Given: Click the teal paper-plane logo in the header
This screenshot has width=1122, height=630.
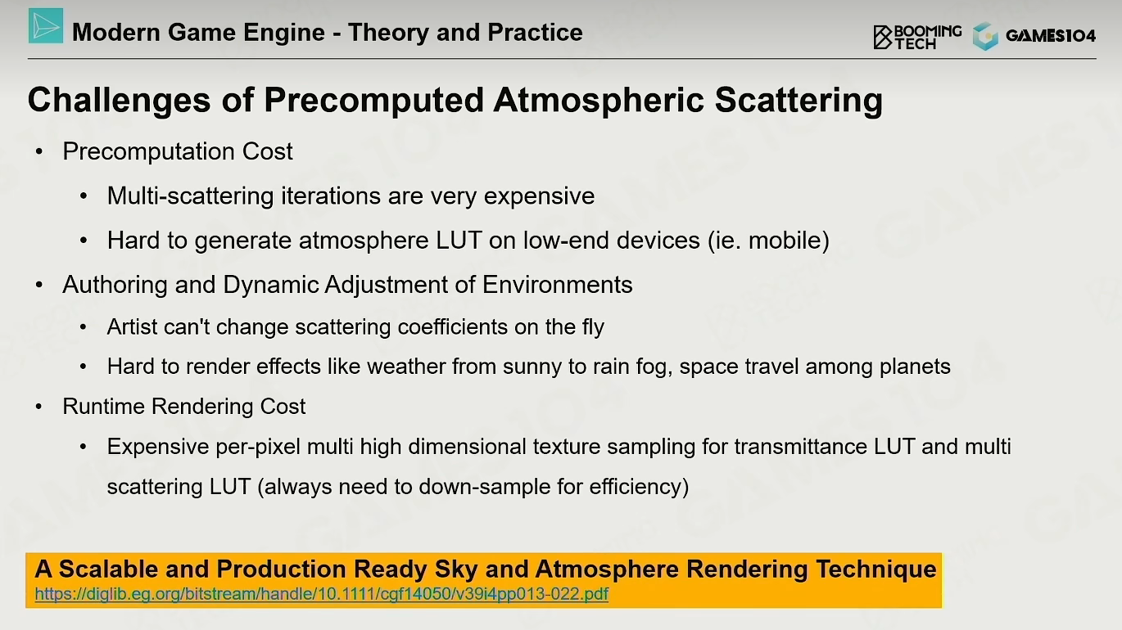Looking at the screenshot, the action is [x=46, y=25].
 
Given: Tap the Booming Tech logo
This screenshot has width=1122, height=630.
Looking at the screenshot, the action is [x=917, y=37].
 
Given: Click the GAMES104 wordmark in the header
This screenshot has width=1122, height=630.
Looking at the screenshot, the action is [x=1051, y=35].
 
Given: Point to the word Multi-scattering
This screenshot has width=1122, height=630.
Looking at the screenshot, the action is [x=190, y=196].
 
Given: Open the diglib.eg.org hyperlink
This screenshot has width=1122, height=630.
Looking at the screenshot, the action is [x=322, y=594].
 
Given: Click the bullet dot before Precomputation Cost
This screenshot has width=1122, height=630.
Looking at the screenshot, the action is [x=39, y=152].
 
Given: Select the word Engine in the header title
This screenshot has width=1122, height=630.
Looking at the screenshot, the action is [x=284, y=33].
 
